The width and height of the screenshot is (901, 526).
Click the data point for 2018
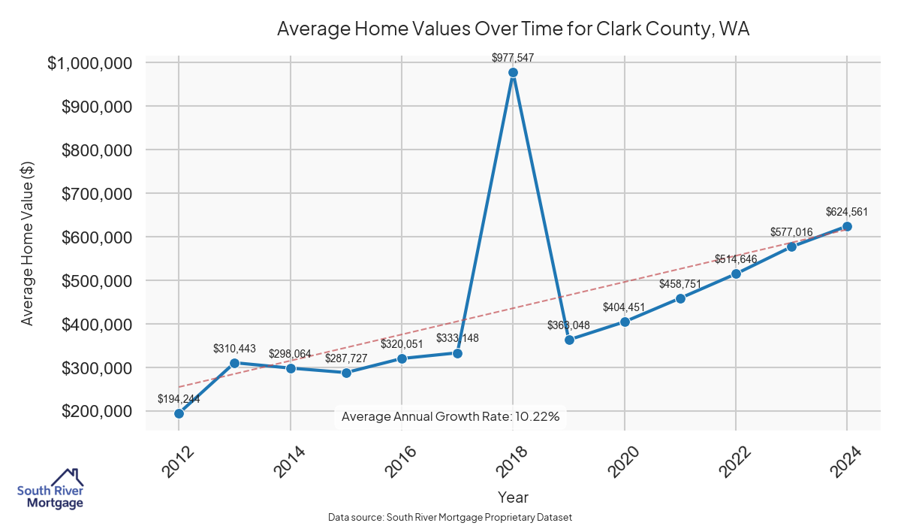click(513, 73)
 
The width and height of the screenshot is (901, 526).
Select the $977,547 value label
click(513, 57)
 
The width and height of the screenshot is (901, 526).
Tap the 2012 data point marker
click(179, 413)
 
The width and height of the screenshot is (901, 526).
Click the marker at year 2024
click(847, 226)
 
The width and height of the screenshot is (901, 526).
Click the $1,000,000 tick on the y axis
click(95, 63)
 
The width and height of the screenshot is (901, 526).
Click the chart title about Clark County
click(514, 29)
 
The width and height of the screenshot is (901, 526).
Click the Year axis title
click(513, 497)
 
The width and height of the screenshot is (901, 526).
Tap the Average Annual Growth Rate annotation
click(450, 416)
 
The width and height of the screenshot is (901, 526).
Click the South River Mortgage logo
click(50, 489)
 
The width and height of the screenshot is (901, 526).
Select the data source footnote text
click(450, 517)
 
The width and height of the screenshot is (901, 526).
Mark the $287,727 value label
click(346, 358)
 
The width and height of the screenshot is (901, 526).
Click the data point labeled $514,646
click(736, 274)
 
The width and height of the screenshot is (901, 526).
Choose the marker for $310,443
click(234, 363)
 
